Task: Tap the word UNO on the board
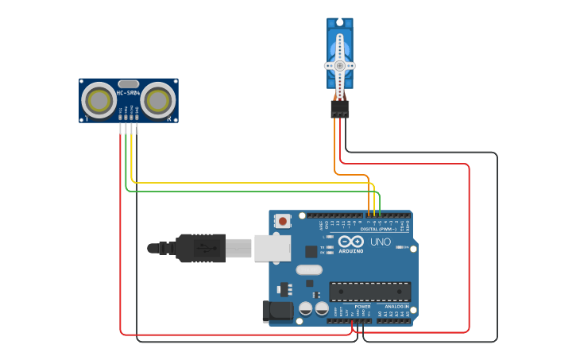click(381, 242)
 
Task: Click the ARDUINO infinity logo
click(350, 241)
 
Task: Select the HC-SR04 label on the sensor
click(128, 93)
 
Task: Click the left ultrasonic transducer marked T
click(100, 101)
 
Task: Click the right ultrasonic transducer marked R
click(158, 101)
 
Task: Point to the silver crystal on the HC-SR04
click(128, 83)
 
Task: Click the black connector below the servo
click(340, 109)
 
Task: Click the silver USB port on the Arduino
click(272, 247)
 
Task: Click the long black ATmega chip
click(370, 292)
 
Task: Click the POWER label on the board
click(362, 307)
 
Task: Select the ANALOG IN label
click(396, 307)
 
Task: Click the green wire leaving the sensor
click(126, 159)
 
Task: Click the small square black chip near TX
click(311, 251)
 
